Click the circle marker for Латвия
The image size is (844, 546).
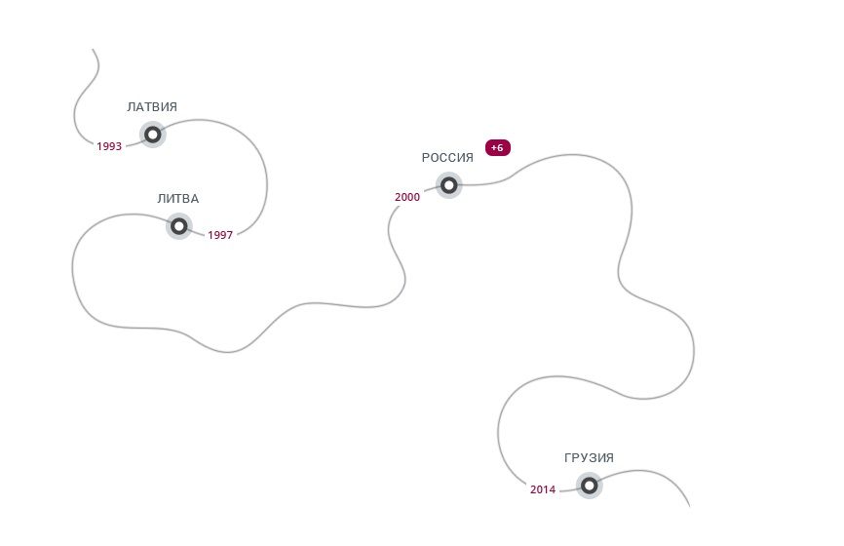pos(153,135)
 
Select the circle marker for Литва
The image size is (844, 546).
pos(179,226)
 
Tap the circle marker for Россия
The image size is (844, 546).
pos(448,184)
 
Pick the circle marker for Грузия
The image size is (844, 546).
pos(589,485)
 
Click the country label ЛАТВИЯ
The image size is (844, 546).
pos(152,107)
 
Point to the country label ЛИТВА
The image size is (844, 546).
pos(178,199)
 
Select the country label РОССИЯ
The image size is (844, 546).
pos(447,157)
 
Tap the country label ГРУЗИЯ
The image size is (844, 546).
pos(589,458)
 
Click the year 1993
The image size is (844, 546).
pos(109,146)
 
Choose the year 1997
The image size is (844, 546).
pos(220,235)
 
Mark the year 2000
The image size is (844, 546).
pos(407,197)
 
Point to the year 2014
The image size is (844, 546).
pos(543,489)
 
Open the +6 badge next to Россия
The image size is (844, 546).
pos(497,147)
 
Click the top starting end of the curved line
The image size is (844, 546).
pos(94,50)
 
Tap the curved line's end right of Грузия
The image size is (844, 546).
pos(688,505)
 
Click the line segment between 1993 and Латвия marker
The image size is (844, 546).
pos(133,141)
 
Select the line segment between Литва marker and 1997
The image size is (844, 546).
pos(198,232)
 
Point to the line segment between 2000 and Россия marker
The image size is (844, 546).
pos(429,190)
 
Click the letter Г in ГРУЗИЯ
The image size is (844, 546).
pos(567,458)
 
